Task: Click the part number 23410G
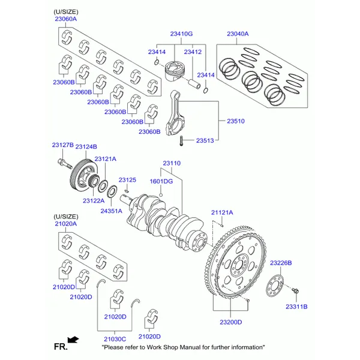click(x=181, y=34)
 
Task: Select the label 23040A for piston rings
click(x=238, y=34)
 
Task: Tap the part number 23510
click(x=235, y=121)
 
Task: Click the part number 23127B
click(x=62, y=145)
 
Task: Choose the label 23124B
click(x=86, y=147)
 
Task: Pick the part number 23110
click(x=172, y=163)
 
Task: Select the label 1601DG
click(x=161, y=181)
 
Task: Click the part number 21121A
click(x=222, y=212)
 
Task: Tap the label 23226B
click(x=280, y=263)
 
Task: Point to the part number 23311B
click(x=296, y=307)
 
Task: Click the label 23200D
click(x=230, y=322)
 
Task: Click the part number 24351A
click(x=111, y=211)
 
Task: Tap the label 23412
click(x=193, y=52)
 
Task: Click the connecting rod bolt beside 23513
click(x=181, y=141)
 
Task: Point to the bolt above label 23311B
click(x=296, y=292)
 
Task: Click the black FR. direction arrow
click(x=73, y=340)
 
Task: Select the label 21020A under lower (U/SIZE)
click(x=65, y=223)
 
